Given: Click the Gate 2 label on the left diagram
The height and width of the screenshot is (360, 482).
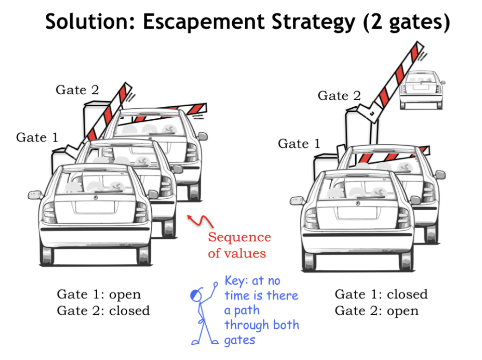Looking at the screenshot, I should tap(77, 90).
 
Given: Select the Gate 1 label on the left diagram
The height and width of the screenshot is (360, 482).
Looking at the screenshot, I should tap(37, 137).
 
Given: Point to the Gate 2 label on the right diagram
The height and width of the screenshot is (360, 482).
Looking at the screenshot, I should tap(339, 96).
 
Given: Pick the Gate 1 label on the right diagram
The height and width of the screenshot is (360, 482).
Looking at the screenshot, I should tap(299, 144).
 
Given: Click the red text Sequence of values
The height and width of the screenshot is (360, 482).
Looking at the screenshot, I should tap(239, 245).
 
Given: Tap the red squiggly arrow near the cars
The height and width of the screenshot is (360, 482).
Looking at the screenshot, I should tap(200, 220).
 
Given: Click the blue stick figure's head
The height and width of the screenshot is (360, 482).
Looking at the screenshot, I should tap(197, 295).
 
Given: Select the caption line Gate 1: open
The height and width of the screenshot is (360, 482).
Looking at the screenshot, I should tap(99, 294).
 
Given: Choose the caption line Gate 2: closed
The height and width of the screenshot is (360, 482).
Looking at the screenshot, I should tap(103, 311).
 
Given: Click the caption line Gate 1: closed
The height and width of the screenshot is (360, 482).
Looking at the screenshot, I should tap(381, 294).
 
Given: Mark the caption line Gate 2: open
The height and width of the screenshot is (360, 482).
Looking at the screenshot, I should tap(377, 311).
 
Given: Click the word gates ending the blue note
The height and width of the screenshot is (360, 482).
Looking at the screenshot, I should tap(240, 341).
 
